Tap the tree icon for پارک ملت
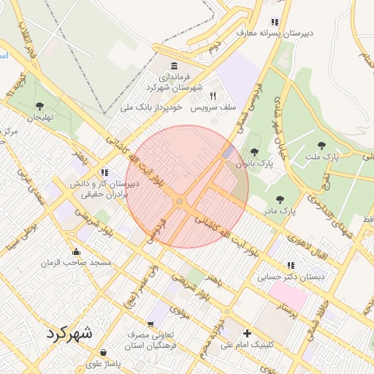click(x=322, y=146)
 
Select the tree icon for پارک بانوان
click(x=253, y=153)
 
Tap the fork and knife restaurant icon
click(x=213, y=96)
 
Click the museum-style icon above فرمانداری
click(x=174, y=64)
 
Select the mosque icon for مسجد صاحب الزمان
click(x=76, y=252)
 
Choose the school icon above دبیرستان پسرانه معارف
click(x=275, y=22)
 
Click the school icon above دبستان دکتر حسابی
click(x=291, y=266)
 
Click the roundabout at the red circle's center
click(x=179, y=201)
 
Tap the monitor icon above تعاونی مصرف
click(x=151, y=324)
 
